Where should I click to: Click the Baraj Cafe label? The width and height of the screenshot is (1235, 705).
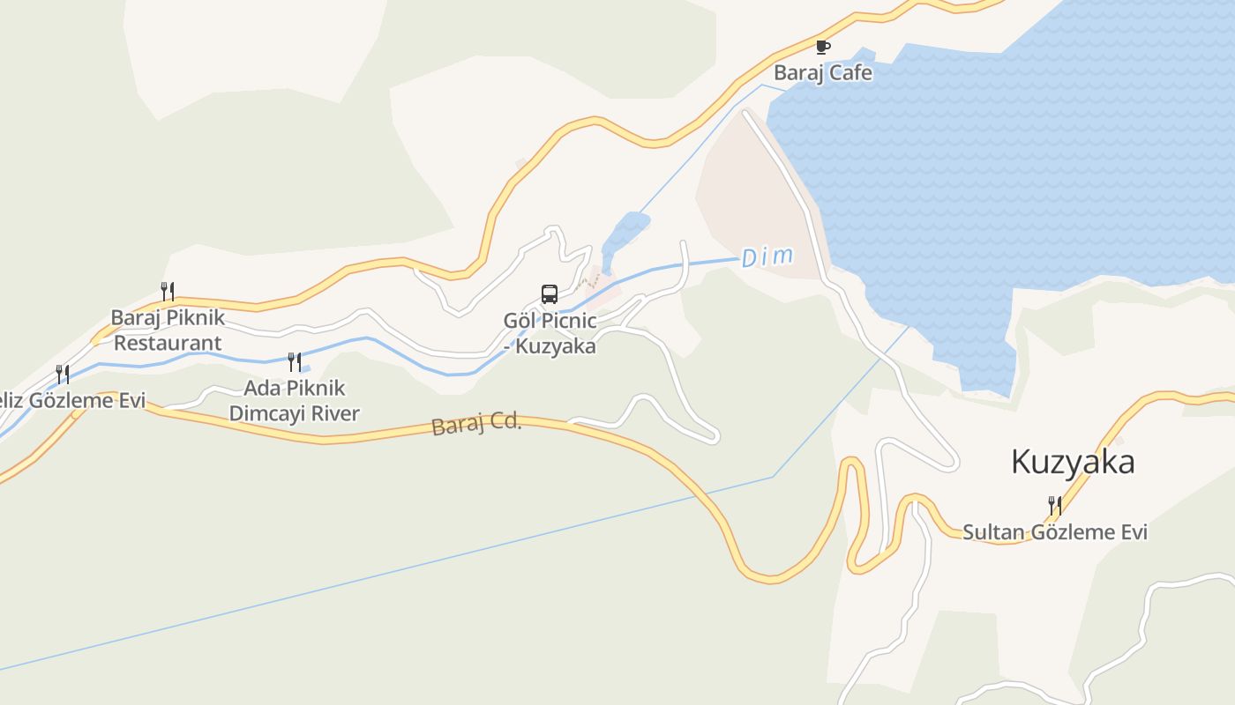click(822, 73)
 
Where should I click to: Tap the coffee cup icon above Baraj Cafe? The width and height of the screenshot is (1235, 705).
click(822, 48)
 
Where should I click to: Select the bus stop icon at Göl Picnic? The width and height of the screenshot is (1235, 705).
click(549, 294)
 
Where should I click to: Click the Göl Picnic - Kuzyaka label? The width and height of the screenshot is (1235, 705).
click(550, 333)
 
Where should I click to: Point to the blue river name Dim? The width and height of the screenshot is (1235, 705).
click(767, 257)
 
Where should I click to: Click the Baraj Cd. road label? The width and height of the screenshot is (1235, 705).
click(476, 424)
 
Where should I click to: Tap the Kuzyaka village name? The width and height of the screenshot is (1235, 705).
click(1072, 462)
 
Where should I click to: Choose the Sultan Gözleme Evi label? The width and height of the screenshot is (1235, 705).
click(1054, 532)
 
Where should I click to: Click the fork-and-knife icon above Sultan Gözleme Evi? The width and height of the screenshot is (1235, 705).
click(1054, 505)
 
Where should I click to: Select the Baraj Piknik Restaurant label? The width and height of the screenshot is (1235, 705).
click(168, 330)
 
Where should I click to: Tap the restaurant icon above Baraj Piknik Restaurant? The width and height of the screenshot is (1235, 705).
click(168, 290)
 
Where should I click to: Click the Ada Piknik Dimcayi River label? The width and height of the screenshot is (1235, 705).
click(294, 401)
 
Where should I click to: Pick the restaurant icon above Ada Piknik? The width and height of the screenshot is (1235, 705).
click(295, 361)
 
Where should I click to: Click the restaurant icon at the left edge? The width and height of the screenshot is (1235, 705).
click(63, 374)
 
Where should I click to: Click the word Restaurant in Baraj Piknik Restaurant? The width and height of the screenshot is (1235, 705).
click(168, 343)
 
